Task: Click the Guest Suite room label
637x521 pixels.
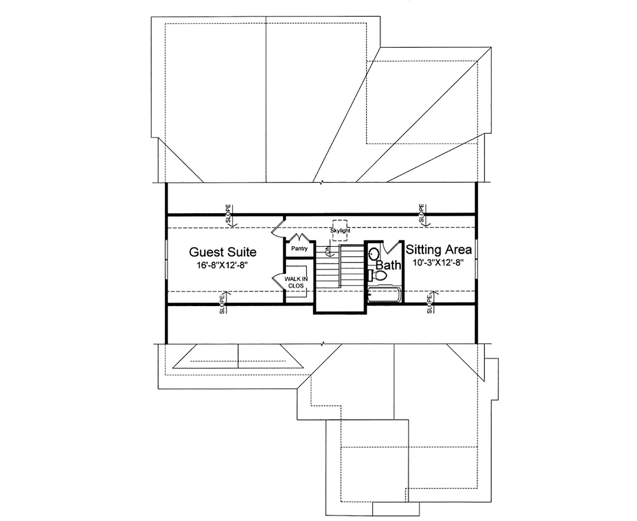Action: tap(222, 251)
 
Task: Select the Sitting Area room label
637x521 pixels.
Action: tap(438, 249)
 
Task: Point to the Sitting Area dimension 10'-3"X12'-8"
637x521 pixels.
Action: tap(438, 263)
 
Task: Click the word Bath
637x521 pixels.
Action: tap(387, 264)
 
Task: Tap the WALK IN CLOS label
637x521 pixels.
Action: tap(295, 282)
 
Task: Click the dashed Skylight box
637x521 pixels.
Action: tap(339, 227)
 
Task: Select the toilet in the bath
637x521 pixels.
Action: tap(378, 275)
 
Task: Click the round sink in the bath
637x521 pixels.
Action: tap(374, 254)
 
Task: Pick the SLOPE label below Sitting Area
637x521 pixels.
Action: tap(429, 306)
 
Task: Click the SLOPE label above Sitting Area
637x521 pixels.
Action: tap(421, 213)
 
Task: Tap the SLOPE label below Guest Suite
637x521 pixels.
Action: tap(221, 306)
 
